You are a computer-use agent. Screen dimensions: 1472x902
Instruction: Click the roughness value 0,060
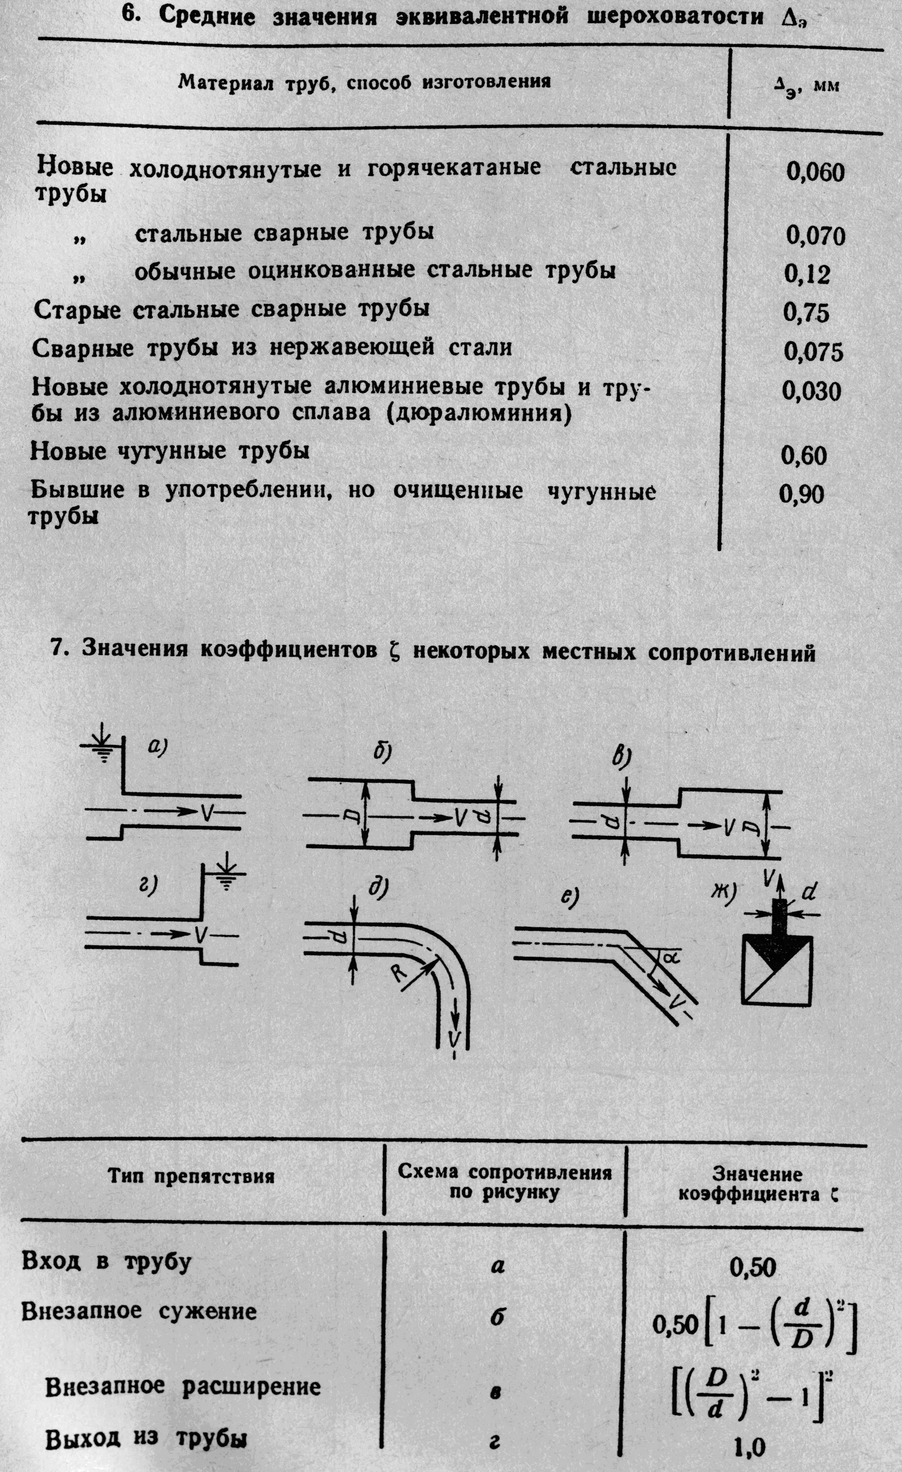tap(815, 173)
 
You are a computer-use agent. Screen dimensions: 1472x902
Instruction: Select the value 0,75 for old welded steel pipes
tap(806, 313)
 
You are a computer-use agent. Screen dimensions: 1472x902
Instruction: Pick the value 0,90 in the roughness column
tap(801, 494)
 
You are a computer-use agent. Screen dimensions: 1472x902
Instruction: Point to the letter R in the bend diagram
tap(399, 973)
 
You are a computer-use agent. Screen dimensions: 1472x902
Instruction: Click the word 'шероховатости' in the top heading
tap(676, 17)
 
